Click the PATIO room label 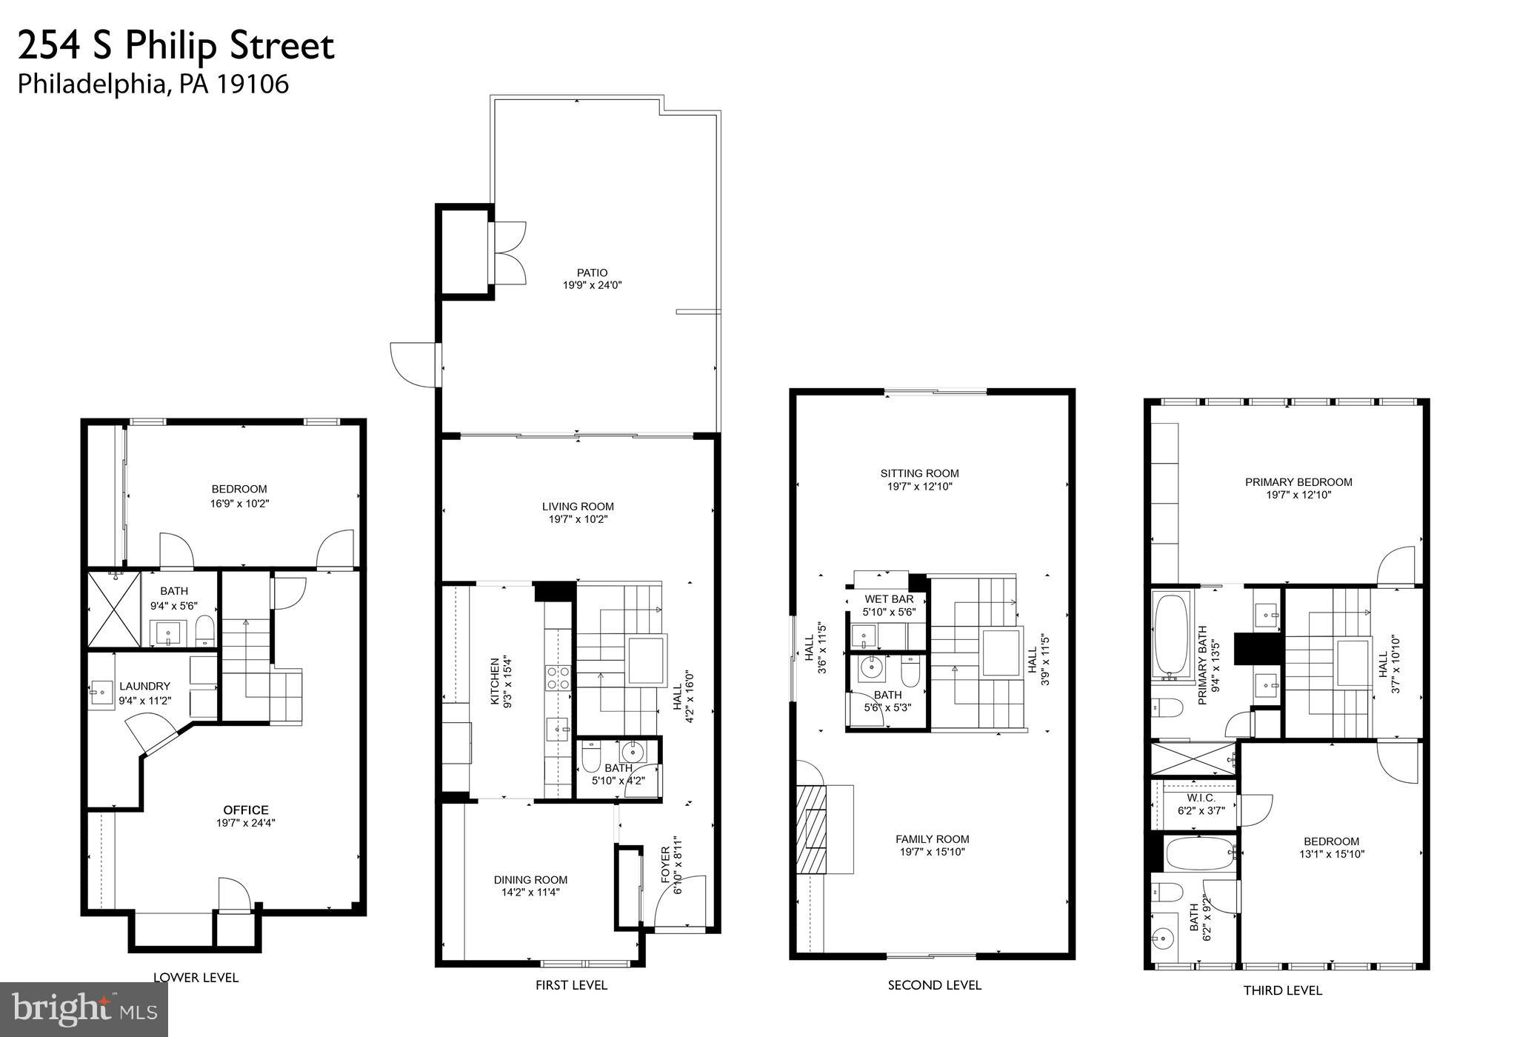592,273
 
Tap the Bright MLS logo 84,1009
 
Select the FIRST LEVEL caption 571,985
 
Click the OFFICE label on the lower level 246,810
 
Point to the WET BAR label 889,598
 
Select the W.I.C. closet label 1201,798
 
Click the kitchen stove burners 558,677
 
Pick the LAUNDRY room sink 100,694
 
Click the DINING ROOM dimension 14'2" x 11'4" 530,893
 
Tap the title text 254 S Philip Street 176,46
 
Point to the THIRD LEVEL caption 1282,990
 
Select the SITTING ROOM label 919,473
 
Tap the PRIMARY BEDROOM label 1298,482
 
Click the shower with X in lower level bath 113,609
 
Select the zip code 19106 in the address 253,84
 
